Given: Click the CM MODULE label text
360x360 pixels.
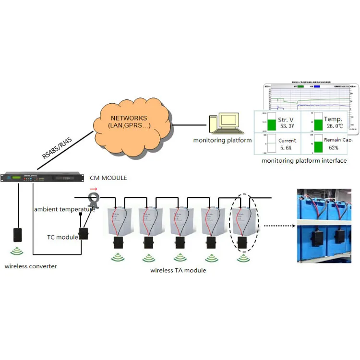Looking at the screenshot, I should click(x=108, y=178).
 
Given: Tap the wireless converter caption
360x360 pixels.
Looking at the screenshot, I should click(x=31, y=266).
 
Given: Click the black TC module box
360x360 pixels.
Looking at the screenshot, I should click(x=84, y=233).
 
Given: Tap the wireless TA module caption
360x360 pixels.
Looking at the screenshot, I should click(x=178, y=270).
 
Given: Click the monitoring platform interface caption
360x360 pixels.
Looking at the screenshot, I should click(x=304, y=161).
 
